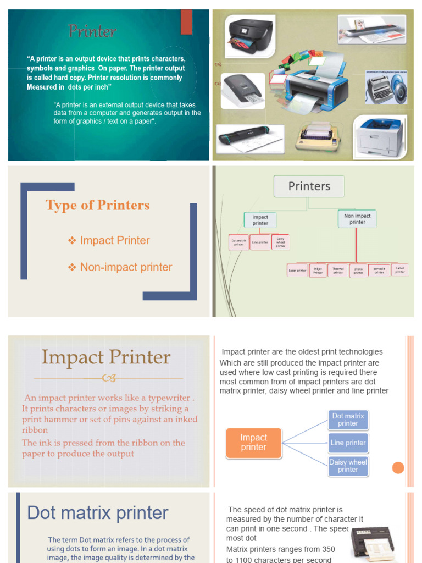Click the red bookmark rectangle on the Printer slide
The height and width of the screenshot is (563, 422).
point(186,22)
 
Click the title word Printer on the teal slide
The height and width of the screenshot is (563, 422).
point(92,31)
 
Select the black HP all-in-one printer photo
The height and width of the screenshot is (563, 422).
point(249,36)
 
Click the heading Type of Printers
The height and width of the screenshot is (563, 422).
point(97,205)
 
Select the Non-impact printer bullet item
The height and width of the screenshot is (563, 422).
point(126,267)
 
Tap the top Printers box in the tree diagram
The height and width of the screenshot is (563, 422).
point(309,186)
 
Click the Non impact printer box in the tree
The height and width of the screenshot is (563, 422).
point(357,219)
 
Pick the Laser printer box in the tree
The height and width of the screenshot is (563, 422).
point(297,270)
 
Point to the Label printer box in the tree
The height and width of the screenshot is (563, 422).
point(400,269)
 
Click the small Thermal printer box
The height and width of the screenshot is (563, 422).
point(338,270)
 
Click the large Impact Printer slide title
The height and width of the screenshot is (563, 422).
point(106,357)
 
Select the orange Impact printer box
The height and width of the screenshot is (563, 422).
point(254,443)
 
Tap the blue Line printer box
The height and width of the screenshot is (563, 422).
point(348,443)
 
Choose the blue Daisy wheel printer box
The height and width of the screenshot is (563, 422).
point(348,466)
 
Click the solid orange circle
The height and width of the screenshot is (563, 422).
point(398,468)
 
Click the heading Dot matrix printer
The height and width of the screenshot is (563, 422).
point(98,513)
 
